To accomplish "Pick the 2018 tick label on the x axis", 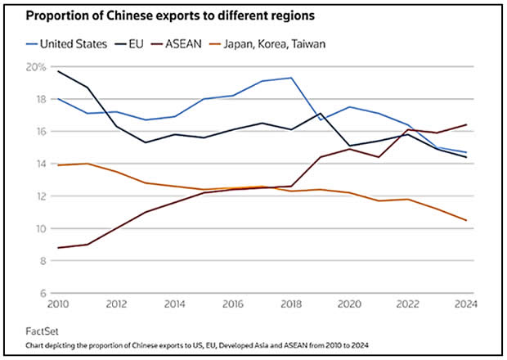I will click(290, 304).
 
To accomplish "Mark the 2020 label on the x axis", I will click(348, 304).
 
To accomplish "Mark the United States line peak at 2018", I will click(290, 78).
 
